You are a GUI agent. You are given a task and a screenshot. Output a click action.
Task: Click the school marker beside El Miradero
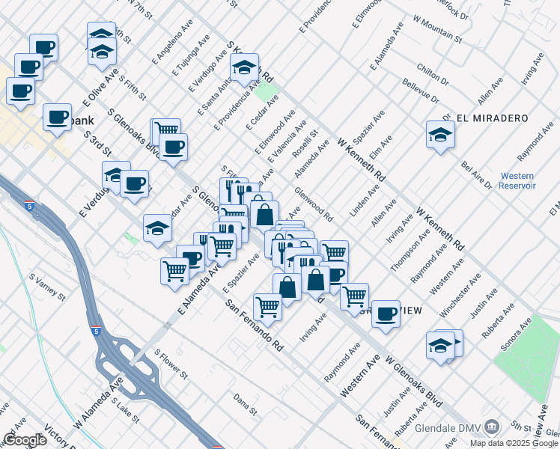(x=440, y=135)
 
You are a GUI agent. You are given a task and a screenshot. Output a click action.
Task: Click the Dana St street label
(x=245, y=406)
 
